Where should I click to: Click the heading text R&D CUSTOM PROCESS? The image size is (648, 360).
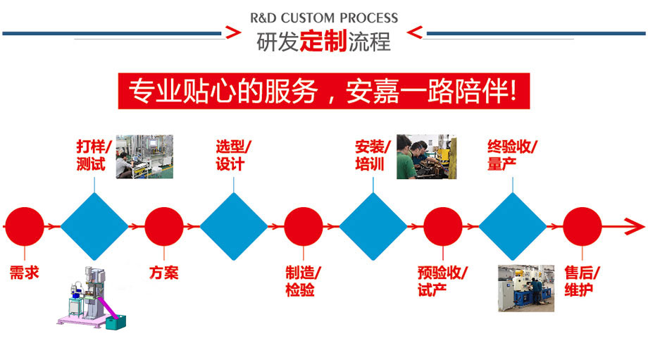coord(324,18)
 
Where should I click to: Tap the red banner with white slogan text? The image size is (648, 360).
coord(323,91)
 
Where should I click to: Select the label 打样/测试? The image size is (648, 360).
coord(94,155)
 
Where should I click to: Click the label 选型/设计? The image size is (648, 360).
coord(233,155)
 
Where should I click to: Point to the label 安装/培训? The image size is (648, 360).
coord(373,155)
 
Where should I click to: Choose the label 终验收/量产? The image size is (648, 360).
coord(512,155)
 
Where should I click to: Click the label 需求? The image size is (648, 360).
coord(25,273)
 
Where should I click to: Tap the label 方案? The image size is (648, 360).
coord(163,273)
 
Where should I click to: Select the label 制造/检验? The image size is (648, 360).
coord(304,280)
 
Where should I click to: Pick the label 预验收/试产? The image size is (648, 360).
coord(442,280)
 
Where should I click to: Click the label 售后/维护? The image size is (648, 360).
coord(582,280)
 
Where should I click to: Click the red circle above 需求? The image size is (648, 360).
coord(25,226)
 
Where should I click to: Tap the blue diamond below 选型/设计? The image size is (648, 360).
coord(233,226)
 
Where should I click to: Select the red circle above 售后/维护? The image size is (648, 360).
coord(582,226)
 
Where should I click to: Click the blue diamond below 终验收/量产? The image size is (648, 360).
coord(513,226)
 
